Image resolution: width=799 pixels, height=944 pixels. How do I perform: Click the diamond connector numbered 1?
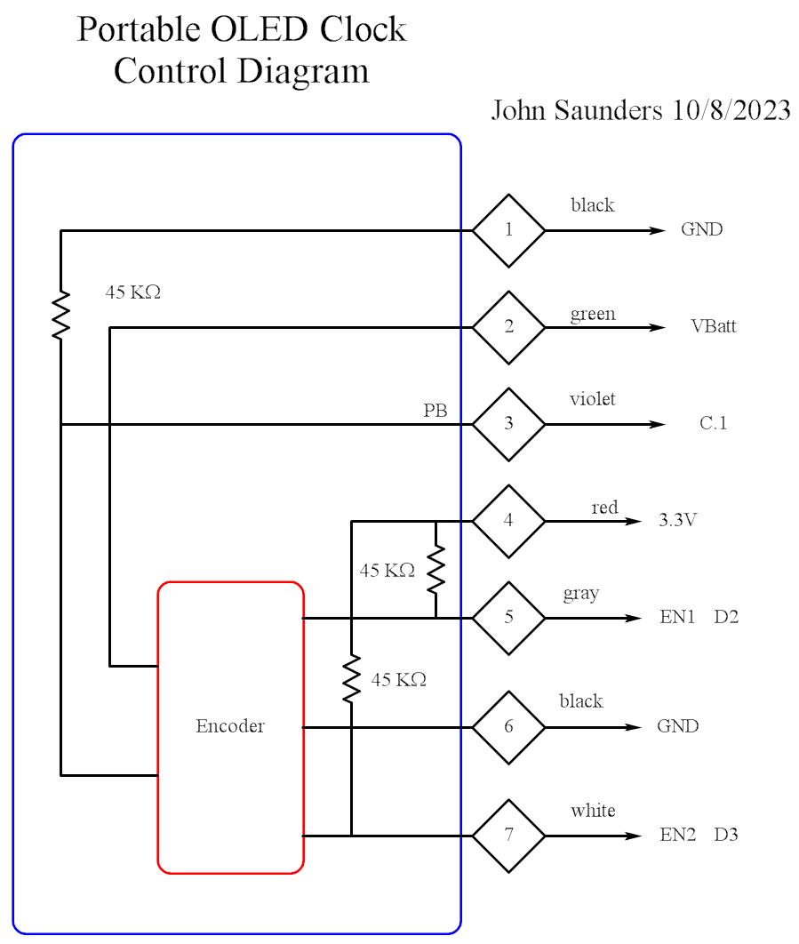pos(508,230)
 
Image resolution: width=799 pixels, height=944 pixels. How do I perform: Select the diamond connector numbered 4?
pos(508,521)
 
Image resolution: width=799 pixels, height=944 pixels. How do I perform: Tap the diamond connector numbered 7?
pos(508,836)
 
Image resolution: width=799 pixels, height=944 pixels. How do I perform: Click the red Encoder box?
pos(230,726)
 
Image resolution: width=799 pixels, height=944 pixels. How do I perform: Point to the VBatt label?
pos(714,327)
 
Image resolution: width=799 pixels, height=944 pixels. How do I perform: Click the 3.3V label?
pos(677,521)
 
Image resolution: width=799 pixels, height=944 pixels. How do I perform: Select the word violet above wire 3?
pos(592,400)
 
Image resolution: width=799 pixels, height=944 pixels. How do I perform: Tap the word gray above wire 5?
pos(580,594)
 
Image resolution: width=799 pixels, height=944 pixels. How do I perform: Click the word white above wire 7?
pos(593,811)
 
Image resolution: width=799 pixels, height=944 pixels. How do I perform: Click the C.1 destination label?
pos(713,424)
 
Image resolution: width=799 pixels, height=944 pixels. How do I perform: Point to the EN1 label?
pos(677,617)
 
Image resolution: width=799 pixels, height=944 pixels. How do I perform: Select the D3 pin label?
pos(726,836)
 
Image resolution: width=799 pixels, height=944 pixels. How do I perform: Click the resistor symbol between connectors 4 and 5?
pos(435,570)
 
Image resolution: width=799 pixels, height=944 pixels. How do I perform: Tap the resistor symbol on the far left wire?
pos(60,313)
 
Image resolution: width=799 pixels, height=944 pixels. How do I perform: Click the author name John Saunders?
pos(576,111)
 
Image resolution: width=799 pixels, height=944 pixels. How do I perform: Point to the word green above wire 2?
pos(593,314)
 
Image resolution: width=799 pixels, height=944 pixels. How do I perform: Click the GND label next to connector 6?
pos(678,726)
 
